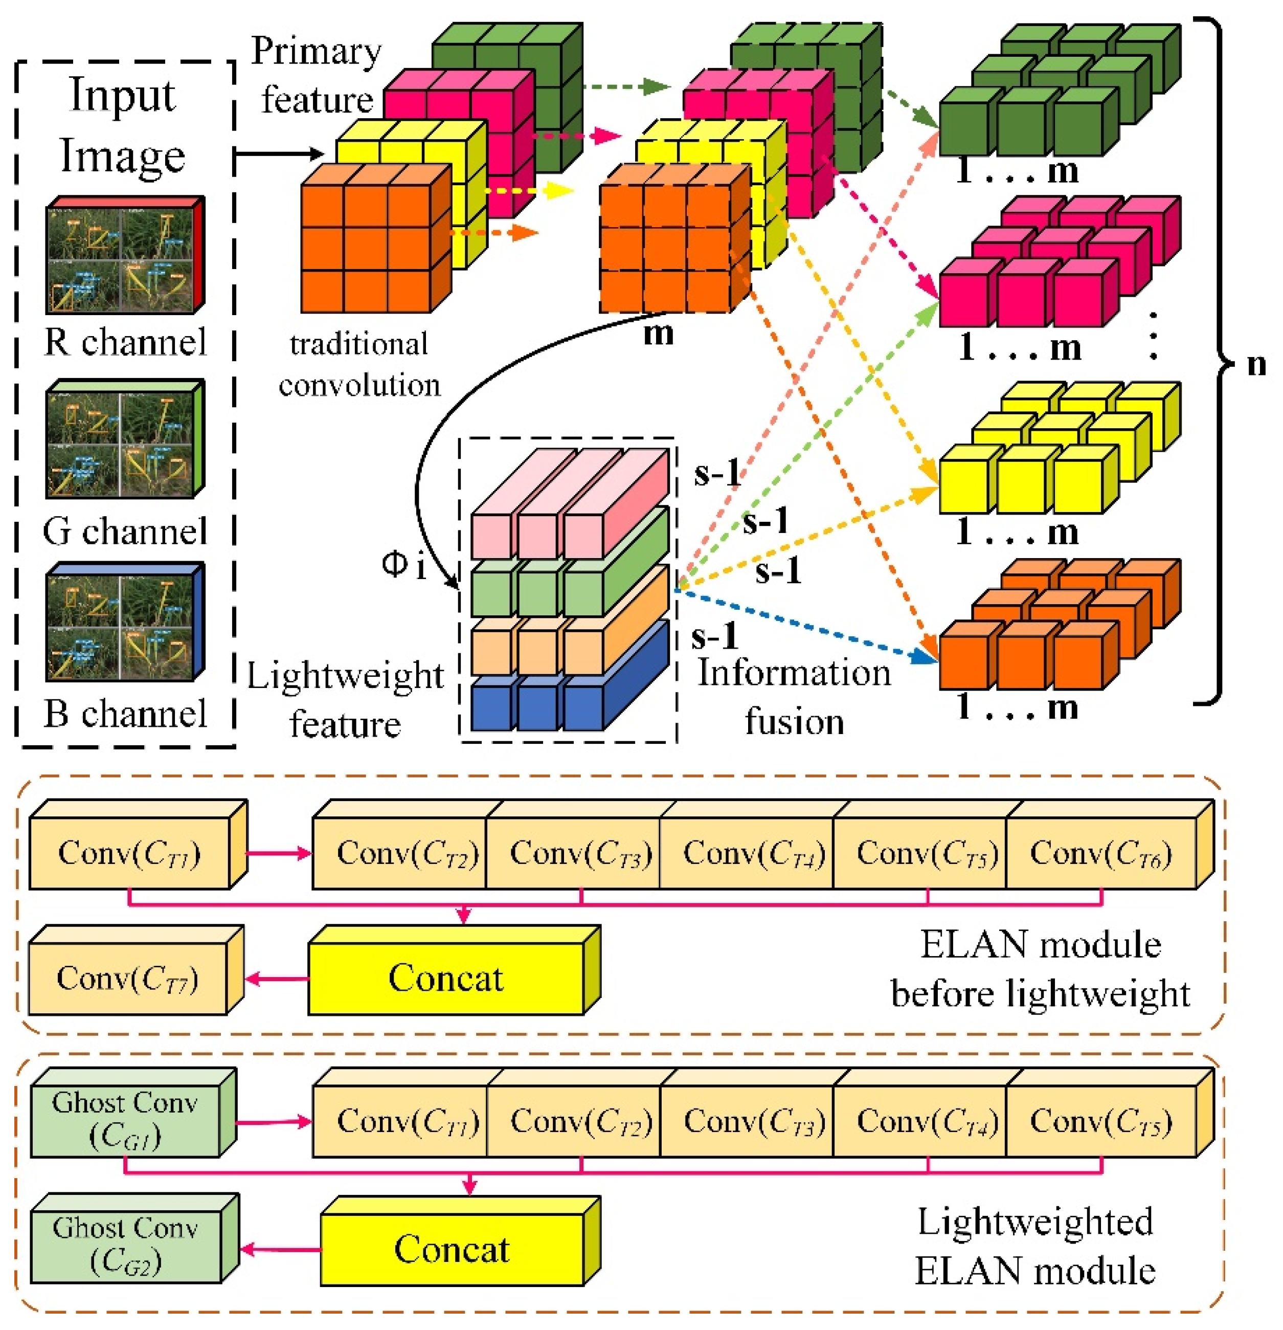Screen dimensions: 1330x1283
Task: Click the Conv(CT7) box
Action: pyautogui.click(x=127, y=978)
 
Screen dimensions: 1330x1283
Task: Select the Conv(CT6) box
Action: pyautogui.click(x=1100, y=853)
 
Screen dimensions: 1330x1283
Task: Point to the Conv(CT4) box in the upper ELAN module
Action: pyautogui.click(x=753, y=853)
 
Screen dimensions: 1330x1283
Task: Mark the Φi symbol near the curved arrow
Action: pyautogui.click(x=404, y=565)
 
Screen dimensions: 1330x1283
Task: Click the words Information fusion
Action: pyautogui.click(x=794, y=697)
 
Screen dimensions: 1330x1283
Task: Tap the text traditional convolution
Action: pyautogui.click(x=359, y=364)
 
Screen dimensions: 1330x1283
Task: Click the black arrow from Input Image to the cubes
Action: pyautogui.click(x=278, y=153)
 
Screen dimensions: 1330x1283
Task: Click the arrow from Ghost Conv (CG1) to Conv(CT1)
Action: pyautogui.click(x=274, y=1122)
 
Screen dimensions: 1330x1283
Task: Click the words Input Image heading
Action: pyautogui.click(x=123, y=125)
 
